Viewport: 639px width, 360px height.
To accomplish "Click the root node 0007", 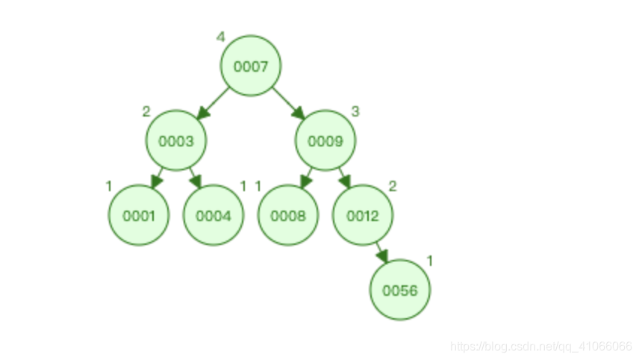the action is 250,66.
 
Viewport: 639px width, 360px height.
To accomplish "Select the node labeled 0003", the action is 176,140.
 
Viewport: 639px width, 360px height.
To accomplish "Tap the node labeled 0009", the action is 325,140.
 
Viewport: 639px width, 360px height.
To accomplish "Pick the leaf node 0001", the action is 139,216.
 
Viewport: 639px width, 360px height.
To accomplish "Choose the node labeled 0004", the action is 213,216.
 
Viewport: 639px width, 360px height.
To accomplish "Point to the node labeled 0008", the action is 288,216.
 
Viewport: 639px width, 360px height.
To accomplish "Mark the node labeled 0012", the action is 363,216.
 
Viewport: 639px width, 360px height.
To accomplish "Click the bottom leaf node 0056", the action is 400,290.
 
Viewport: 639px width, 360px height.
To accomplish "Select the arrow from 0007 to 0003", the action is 213,103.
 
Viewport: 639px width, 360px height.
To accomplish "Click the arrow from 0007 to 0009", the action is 288,103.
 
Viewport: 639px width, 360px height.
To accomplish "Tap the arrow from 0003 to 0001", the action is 157,178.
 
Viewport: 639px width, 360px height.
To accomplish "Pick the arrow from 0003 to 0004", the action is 196,178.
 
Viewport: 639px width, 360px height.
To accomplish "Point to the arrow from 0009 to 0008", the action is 306,178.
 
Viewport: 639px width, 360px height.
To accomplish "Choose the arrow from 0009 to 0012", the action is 345,178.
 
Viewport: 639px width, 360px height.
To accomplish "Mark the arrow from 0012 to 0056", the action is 381,252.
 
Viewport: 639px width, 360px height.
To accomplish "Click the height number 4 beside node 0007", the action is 220,37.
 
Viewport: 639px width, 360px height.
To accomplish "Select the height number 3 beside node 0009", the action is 355,111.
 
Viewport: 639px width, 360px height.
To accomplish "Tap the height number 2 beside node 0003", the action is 146,111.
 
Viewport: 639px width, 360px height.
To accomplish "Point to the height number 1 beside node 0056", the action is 430,261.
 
